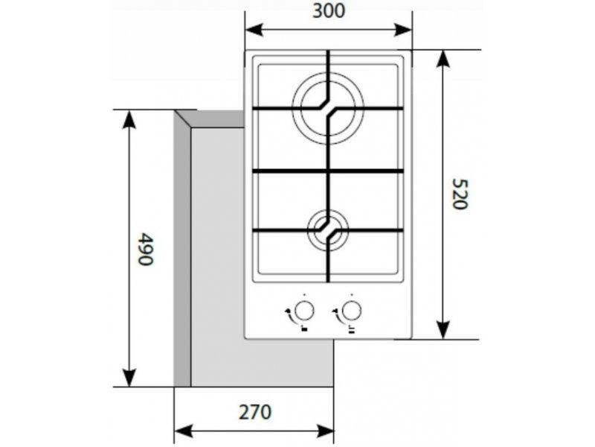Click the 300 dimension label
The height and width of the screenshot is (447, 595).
[x=329, y=10]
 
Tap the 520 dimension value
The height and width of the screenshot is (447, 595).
[x=460, y=194]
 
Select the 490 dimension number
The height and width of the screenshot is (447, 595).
[x=145, y=249]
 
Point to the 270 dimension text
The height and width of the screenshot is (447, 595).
[x=255, y=412]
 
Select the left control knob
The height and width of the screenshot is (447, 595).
[x=304, y=311]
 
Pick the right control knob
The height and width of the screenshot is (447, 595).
[x=352, y=311]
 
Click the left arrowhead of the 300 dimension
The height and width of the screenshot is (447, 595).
[x=254, y=30]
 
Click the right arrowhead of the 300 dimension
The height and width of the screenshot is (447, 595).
[x=403, y=30]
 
